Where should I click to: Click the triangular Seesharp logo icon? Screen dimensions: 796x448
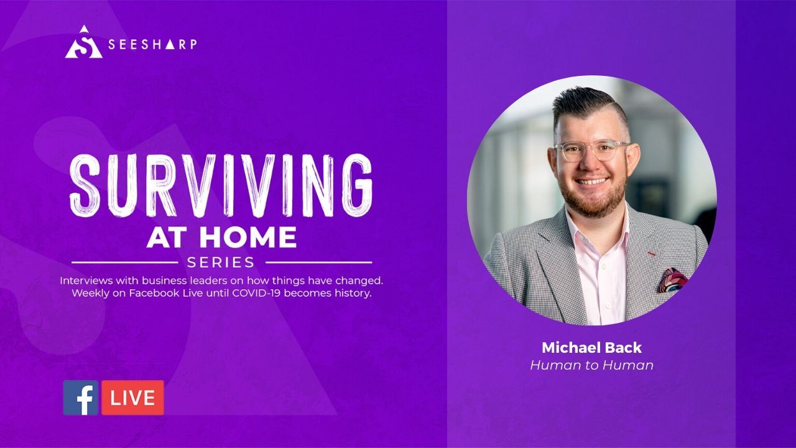coord(84,43)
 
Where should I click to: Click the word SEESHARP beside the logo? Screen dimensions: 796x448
coord(152,44)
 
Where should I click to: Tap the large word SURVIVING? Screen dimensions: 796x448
coord(221,185)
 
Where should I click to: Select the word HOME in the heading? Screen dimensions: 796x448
coord(248,237)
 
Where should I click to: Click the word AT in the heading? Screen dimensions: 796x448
coord(170,237)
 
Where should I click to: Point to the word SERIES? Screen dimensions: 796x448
coord(221,263)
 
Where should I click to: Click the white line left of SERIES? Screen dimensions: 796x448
coord(125,263)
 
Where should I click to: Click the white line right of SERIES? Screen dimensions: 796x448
coord(319,263)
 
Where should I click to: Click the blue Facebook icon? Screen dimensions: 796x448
coord(81,398)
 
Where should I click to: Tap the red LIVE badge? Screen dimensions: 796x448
coord(133,398)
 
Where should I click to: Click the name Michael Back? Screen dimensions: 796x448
coord(591,348)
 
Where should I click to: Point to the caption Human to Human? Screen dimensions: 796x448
coord(591,365)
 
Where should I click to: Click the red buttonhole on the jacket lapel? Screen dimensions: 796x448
coord(651,254)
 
